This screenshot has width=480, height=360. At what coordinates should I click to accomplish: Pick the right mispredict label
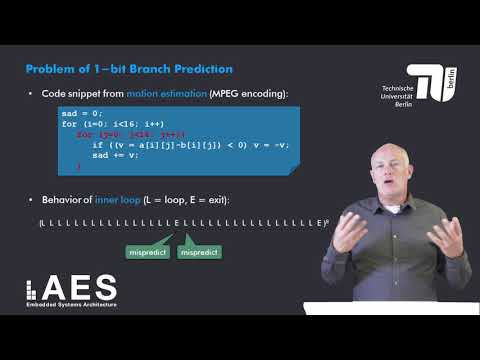[x=199, y=252]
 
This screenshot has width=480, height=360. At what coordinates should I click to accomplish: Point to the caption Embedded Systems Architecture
[x=71, y=304]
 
